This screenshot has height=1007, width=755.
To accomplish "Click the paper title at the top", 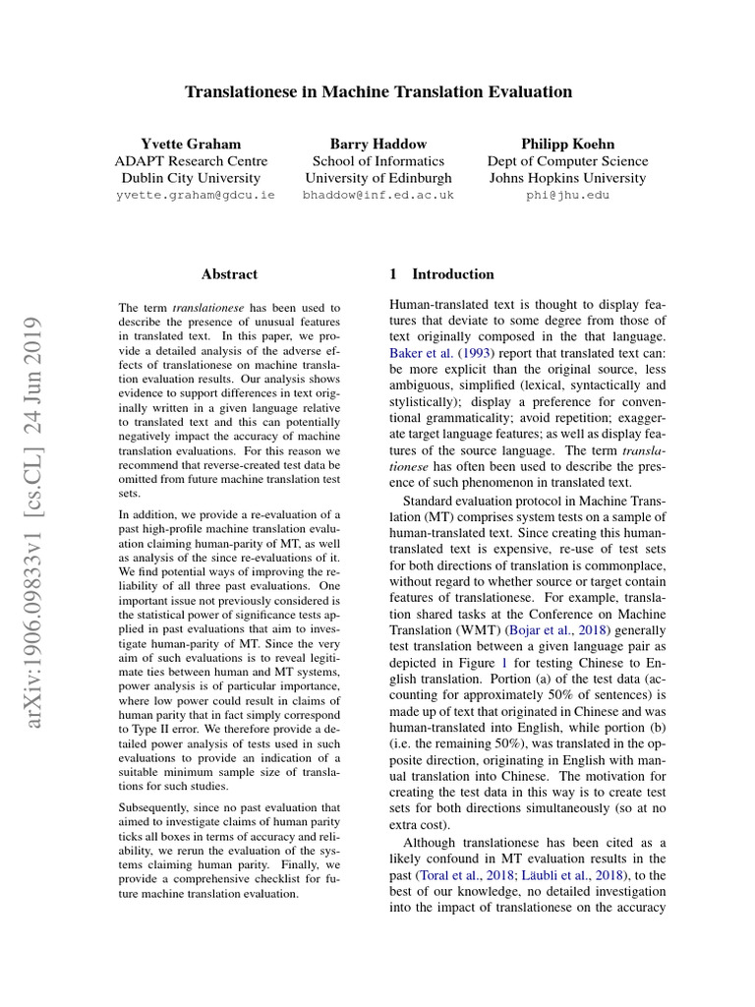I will pyautogui.click(x=378, y=92).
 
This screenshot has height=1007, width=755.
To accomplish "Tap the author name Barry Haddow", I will pyautogui.click(x=378, y=143).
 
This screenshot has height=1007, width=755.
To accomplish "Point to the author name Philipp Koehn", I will pyautogui.click(x=567, y=143).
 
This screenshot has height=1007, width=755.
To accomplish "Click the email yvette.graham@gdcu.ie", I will pyautogui.click(x=196, y=196).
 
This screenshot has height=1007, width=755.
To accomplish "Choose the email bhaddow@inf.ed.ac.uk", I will pyautogui.click(x=378, y=196).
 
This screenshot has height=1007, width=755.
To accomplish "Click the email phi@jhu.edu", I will pyautogui.click(x=567, y=196).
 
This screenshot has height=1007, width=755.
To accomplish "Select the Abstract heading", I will pyautogui.click(x=229, y=274).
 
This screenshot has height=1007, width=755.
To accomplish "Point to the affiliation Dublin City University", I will pyautogui.click(x=191, y=178).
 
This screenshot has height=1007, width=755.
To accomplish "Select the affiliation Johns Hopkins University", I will pyautogui.click(x=567, y=178).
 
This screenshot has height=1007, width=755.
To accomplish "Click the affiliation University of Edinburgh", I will pyautogui.click(x=378, y=178).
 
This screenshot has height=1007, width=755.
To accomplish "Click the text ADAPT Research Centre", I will pyautogui.click(x=191, y=160).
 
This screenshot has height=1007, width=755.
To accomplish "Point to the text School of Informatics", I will pyautogui.click(x=378, y=160).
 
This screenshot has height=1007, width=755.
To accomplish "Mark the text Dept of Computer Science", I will pyautogui.click(x=567, y=160).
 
